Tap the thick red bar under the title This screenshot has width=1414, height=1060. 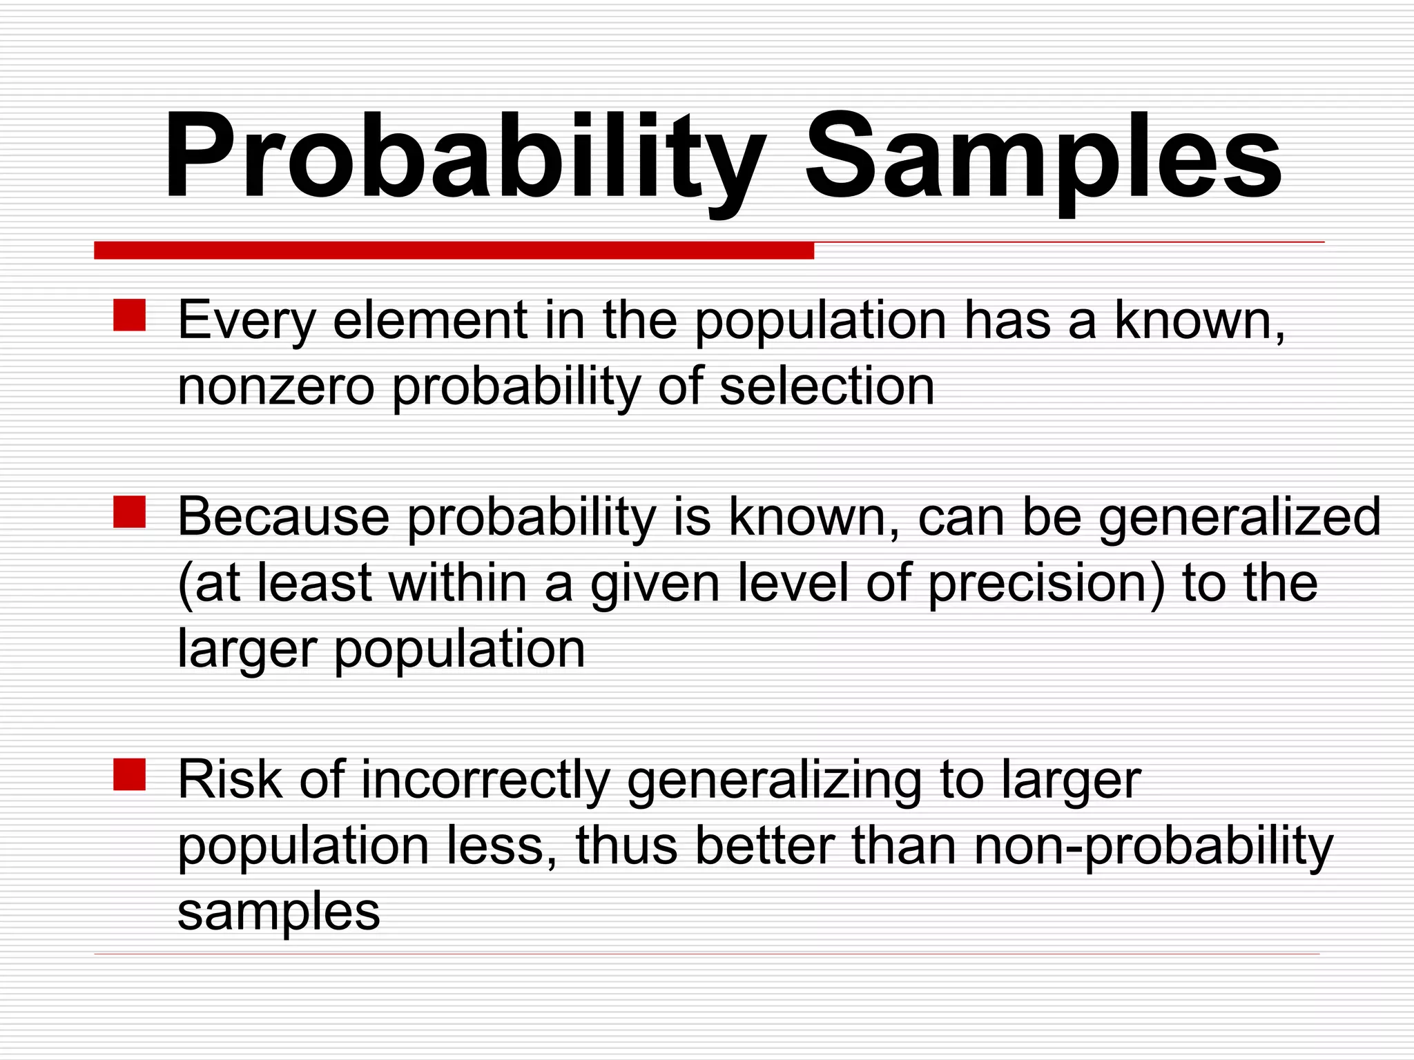(454, 251)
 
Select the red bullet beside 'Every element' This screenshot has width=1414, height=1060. (129, 315)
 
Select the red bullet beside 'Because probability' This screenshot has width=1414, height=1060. (129, 512)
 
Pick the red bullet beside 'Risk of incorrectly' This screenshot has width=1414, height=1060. (129, 774)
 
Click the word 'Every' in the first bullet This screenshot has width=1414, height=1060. (246, 321)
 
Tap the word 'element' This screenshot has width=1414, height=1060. (430, 321)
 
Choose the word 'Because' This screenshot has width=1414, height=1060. (283, 518)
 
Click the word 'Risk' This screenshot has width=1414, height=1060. (230, 780)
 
